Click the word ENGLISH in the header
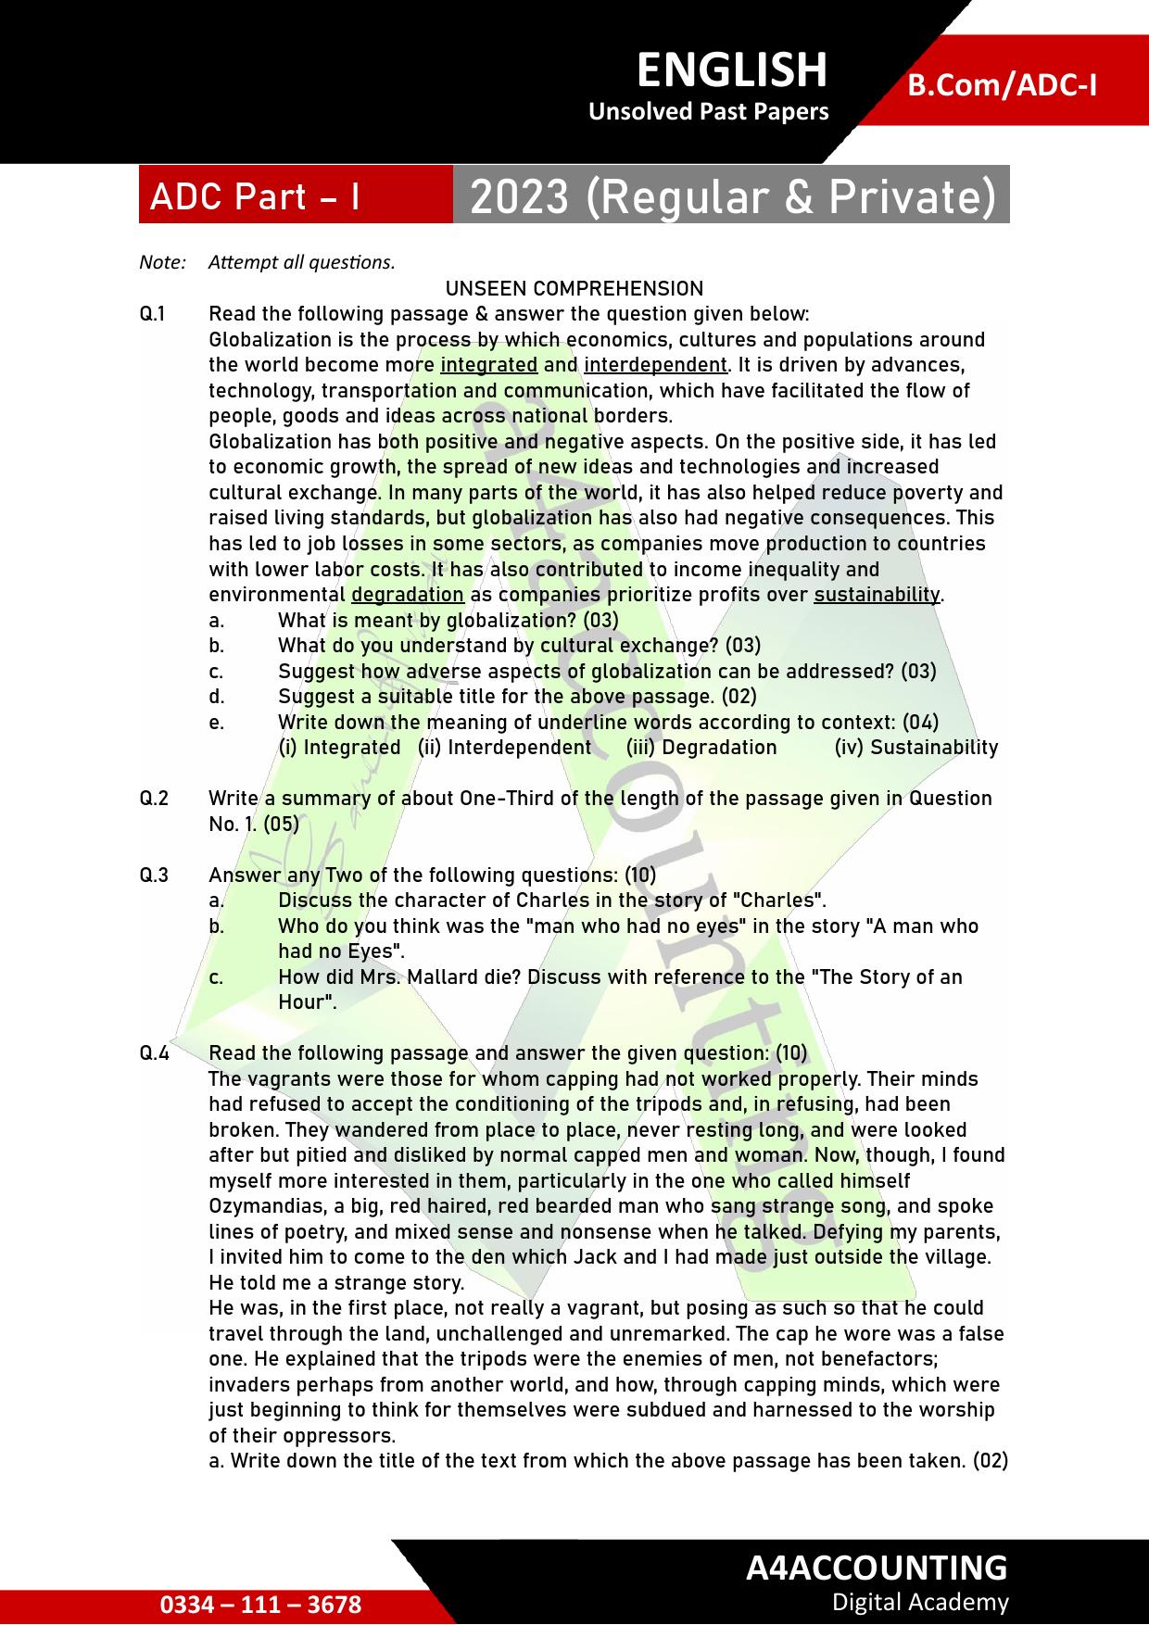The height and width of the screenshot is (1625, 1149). [731, 70]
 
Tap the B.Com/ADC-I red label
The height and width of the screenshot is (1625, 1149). [1002, 85]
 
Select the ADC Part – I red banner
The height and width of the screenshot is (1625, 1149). [255, 196]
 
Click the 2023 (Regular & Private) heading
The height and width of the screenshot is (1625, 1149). [732, 196]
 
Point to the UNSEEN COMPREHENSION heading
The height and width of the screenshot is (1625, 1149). [574, 288]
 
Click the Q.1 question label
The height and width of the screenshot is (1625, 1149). [153, 314]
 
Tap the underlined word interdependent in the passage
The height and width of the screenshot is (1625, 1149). [655, 365]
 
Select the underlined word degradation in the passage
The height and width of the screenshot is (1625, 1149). [408, 595]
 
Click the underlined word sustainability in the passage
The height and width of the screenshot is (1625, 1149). [877, 595]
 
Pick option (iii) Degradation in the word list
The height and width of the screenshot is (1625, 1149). [701, 748]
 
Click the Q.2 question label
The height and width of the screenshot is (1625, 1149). [154, 799]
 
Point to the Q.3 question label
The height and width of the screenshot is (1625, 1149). [154, 875]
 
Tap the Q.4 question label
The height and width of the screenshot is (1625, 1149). [154, 1053]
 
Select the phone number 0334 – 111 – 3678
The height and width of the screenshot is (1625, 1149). [260, 1605]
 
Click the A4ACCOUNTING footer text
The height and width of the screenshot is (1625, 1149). [876, 1568]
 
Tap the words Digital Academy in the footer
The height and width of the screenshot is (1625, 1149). [919, 1602]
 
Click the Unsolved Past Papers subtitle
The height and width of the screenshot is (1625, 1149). [708, 112]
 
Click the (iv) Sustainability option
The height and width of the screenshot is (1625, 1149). [915, 748]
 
